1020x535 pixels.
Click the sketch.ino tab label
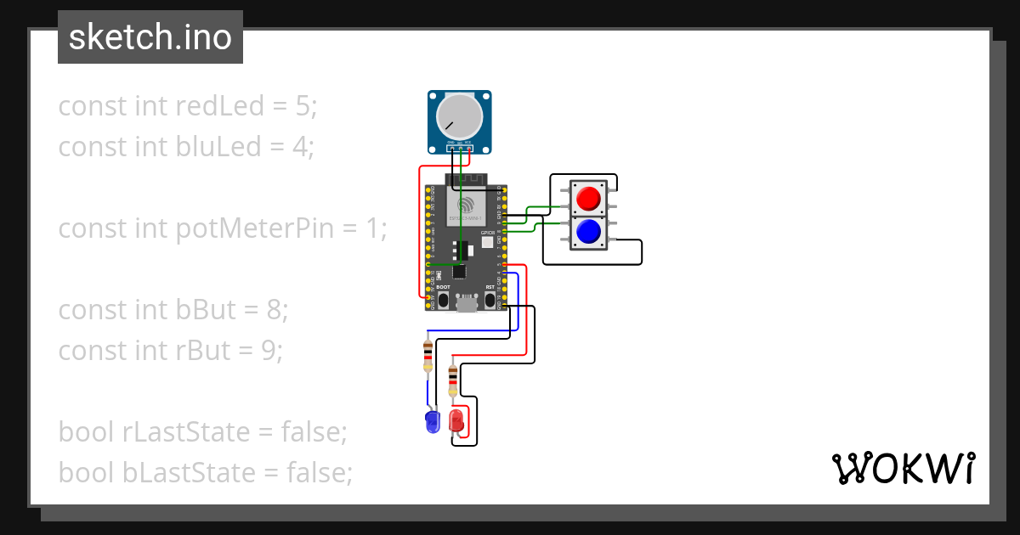pyautogui.click(x=150, y=37)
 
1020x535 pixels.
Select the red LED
pyautogui.click(x=456, y=420)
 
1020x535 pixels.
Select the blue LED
pyautogui.click(x=431, y=421)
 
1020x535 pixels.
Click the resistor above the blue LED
pyautogui.click(x=427, y=357)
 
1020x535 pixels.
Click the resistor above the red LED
pyautogui.click(x=452, y=381)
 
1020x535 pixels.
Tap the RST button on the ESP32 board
pyautogui.click(x=490, y=301)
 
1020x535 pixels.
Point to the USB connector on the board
pyautogui.click(x=466, y=303)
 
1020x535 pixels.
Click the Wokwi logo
pyautogui.click(x=902, y=468)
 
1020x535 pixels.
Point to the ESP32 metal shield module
pyautogui.click(x=466, y=208)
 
